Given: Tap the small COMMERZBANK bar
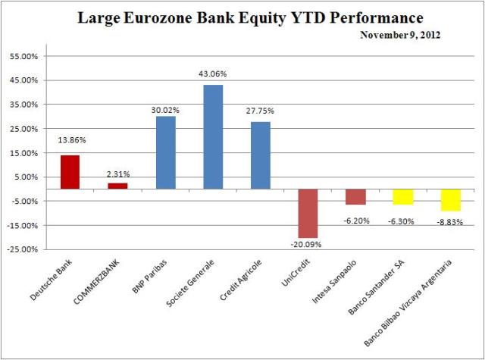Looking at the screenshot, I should (117, 186).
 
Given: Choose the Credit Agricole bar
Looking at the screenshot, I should (260, 155).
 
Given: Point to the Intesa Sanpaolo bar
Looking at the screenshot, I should (356, 196).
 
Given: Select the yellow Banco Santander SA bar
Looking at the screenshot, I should (403, 196).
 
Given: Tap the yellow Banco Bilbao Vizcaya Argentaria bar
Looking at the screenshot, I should (451, 199).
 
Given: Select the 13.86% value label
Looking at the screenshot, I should (70, 142).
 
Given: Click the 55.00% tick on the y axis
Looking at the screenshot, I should (27, 57).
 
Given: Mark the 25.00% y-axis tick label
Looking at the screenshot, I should (27, 129).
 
